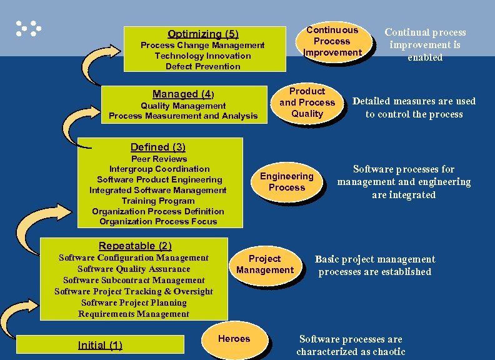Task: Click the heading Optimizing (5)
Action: [x=202, y=34]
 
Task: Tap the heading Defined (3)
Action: [x=158, y=147]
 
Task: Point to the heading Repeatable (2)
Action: [x=135, y=246]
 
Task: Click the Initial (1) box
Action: [x=100, y=345]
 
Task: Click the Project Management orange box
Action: [x=264, y=264]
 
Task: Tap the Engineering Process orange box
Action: [x=286, y=182]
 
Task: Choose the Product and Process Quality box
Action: [x=307, y=102]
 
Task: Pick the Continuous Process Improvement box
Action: [x=332, y=41]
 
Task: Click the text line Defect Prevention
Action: [x=202, y=66]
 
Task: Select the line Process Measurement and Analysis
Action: [x=183, y=116]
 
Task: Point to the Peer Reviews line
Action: [x=159, y=159]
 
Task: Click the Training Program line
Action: [x=158, y=201]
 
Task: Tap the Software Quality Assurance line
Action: [x=134, y=269]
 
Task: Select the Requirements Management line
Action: [x=134, y=314]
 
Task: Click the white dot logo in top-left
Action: [x=28, y=28]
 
